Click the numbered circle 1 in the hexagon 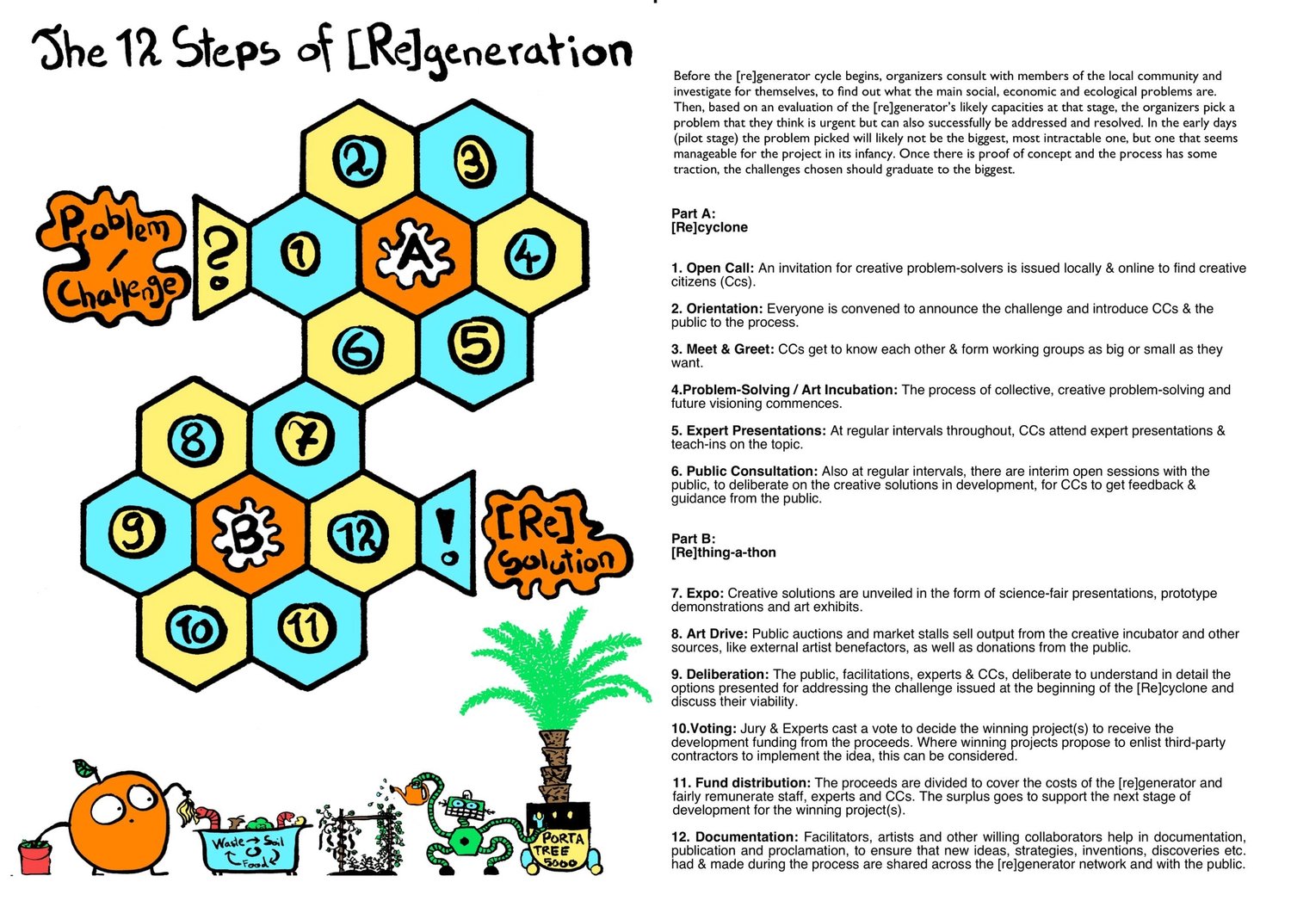(x=301, y=254)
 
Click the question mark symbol (x=219, y=255)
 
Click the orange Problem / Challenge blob (x=112, y=256)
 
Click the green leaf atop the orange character (x=83, y=767)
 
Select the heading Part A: (x=693, y=213)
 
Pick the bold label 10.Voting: (x=703, y=728)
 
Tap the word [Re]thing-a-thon (x=723, y=552)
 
